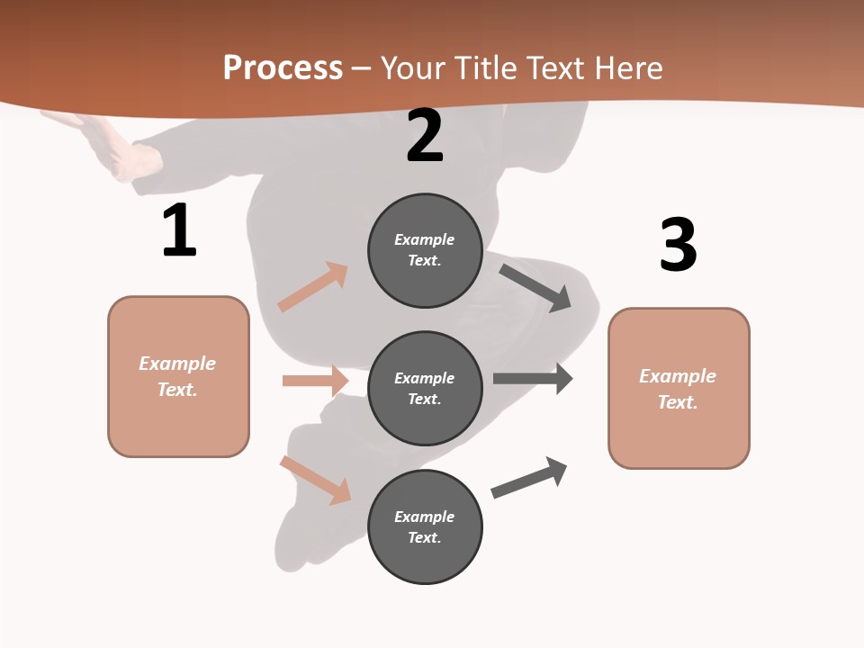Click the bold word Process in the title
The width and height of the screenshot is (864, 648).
283,68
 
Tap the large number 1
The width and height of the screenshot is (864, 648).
179,231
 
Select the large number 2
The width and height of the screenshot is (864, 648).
425,136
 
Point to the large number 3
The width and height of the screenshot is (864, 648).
679,245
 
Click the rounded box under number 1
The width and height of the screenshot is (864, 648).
178,376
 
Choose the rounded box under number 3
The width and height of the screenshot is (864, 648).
679,388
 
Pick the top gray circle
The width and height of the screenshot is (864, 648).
425,250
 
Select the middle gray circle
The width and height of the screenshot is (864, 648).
425,388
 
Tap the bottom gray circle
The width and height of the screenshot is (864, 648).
425,526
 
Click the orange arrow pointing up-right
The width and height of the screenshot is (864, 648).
313,287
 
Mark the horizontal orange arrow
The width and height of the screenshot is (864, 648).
315,381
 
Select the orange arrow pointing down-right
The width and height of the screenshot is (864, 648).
316,480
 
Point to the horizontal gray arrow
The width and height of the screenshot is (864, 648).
532,379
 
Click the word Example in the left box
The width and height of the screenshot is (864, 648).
177,364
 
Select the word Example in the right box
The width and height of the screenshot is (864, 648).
678,376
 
